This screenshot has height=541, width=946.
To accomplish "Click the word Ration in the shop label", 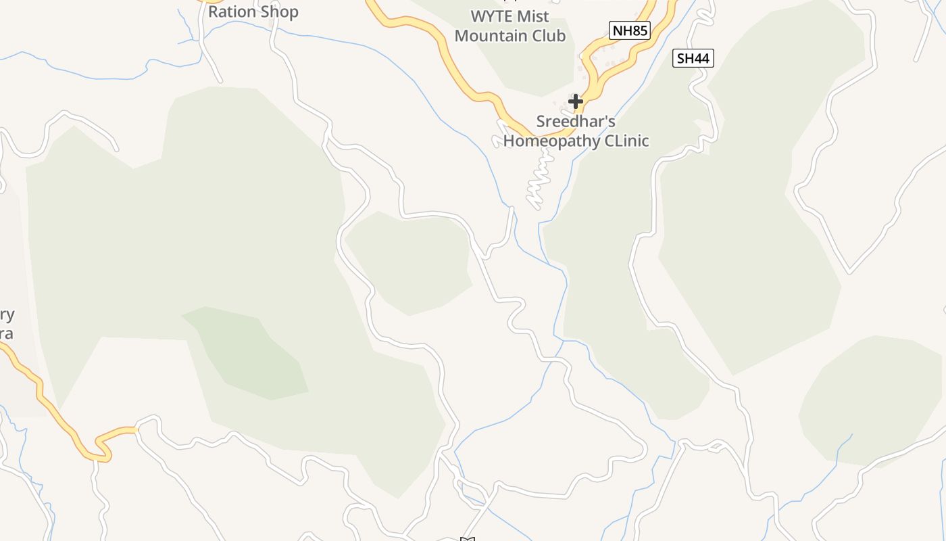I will tap(232, 11).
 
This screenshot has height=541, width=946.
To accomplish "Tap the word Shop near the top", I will tap(278, 11).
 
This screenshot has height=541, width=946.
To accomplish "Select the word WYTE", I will tap(491, 16).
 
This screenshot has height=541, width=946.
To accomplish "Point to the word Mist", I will tap(534, 16).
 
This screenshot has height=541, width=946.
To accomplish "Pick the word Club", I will tap(548, 35).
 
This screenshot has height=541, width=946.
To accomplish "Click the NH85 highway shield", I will tap(629, 30).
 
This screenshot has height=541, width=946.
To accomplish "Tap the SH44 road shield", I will tap(693, 58).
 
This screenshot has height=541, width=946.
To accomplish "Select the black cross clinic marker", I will tap(576, 101).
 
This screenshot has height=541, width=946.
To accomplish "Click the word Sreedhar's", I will tap(576, 122).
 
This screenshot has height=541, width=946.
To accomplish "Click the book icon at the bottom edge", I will tap(467, 539).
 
